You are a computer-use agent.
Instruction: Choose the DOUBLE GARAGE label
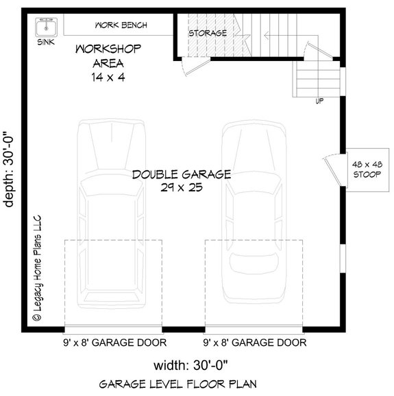182,174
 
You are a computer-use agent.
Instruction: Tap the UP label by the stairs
319,101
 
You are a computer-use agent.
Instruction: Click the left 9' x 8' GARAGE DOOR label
112,342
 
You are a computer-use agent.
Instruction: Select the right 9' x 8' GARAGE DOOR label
254,342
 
